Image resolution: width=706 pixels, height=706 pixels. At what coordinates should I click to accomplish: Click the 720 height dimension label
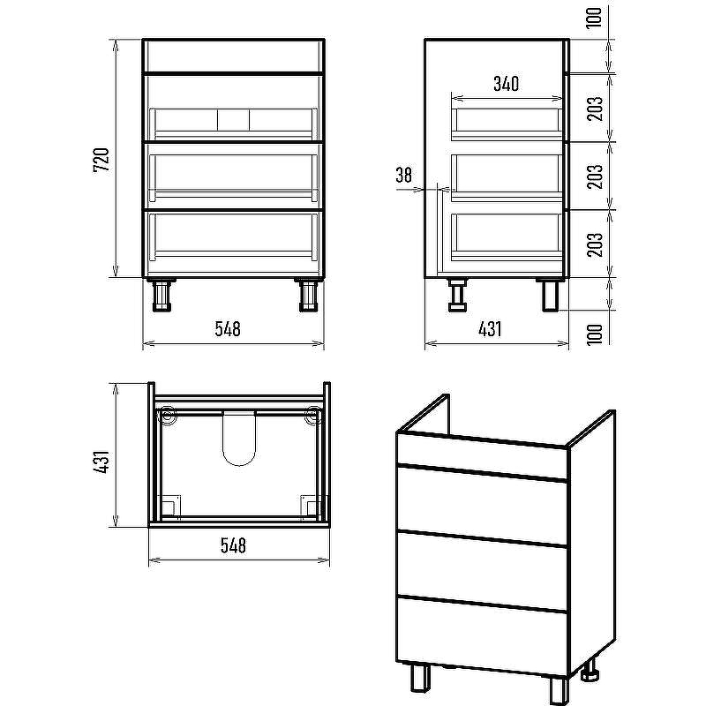coord(101,160)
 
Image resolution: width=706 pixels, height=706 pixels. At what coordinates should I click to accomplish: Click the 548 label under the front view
coord(228,329)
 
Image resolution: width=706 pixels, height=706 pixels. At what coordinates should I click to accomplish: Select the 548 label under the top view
coord(233,545)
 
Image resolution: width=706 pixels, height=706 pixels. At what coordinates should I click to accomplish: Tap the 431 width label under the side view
coord(490,329)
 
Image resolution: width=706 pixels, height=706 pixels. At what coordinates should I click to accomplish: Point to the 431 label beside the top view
coord(101,462)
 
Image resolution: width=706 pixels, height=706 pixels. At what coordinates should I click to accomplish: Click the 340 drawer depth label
coord(506,84)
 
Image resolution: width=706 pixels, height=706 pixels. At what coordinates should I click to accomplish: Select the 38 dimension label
coord(404,175)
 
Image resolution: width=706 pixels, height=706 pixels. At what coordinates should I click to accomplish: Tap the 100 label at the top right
coord(595,18)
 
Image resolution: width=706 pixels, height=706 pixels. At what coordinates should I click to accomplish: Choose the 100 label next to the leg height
coord(595,334)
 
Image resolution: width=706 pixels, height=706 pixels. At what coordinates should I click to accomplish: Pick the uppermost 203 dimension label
coord(595,109)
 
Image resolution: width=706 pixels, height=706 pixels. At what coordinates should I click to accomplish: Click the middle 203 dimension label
coord(595,176)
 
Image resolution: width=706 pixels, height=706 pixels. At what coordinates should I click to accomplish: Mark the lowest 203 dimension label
coord(595,244)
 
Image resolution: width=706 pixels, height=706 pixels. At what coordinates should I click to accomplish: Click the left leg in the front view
coord(161,295)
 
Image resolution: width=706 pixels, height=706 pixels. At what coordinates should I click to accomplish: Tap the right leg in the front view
coord(308,295)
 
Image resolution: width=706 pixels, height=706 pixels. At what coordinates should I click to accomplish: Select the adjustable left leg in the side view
coord(458,295)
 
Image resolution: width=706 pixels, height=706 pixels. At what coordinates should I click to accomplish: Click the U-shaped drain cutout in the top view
coord(239,439)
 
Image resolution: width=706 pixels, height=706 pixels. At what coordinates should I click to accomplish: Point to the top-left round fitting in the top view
coord(168,415)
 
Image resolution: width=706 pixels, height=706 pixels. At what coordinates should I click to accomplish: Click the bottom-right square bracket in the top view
coord(311,506)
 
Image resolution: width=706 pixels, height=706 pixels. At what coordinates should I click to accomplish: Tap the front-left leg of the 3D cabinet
coord(420,679)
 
